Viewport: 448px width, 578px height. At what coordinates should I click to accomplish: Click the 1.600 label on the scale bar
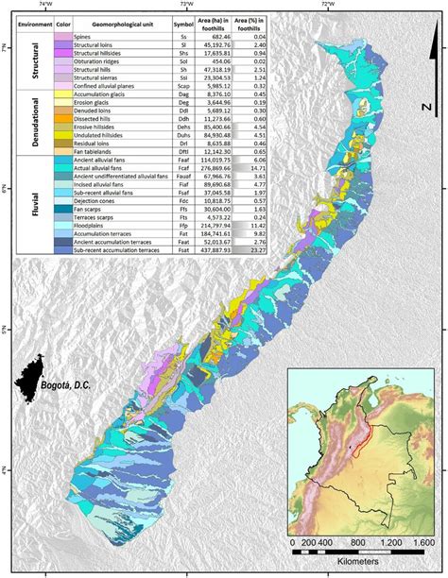[419, 543]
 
